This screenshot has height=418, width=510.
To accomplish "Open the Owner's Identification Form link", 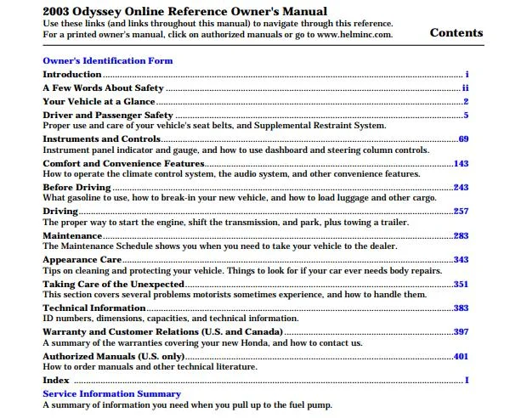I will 107,61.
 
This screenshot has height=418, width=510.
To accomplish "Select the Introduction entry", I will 71,75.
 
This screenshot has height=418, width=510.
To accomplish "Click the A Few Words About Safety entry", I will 103,88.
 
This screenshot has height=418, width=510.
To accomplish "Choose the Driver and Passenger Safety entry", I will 108,115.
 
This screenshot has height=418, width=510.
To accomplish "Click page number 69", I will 463,138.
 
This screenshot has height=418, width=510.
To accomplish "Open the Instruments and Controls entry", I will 101,138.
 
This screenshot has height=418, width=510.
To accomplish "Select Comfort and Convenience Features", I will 123,163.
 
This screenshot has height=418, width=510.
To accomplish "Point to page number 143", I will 461,163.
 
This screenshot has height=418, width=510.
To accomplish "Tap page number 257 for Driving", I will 461,211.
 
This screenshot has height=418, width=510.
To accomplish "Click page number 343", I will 461,260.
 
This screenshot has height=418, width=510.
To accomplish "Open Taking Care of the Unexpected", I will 113,284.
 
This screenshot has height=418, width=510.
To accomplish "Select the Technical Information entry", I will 93,308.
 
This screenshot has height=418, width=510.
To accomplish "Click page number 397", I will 461,331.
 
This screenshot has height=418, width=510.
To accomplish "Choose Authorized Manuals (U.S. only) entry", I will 113,356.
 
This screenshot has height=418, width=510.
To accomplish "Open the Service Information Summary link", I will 111,394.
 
